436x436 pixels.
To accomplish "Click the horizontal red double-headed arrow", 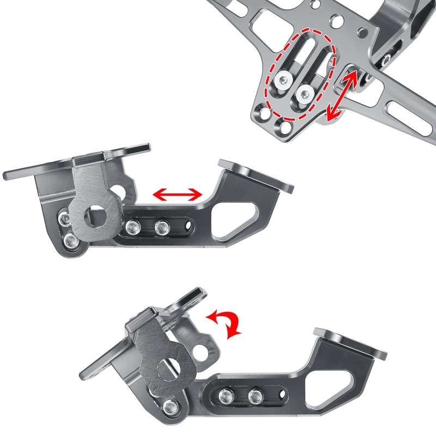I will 177,193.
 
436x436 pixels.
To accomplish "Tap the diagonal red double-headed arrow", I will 342,95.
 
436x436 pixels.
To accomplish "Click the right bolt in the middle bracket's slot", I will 160,225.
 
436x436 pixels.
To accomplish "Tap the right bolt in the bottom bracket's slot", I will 254,395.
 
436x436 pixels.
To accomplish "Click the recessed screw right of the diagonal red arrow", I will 386,59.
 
